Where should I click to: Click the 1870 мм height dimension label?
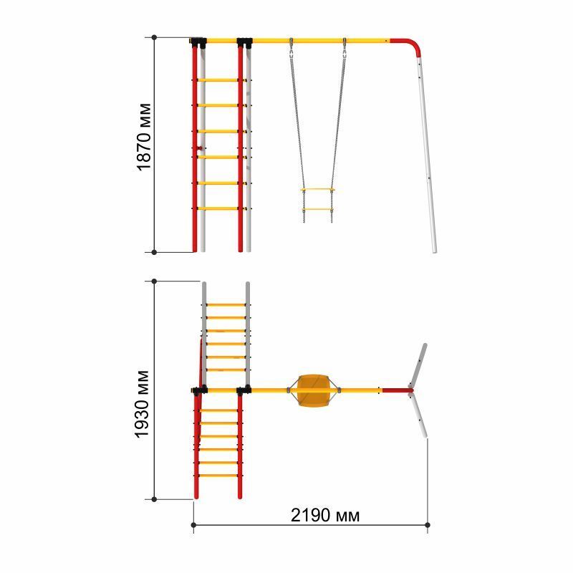[144, 137]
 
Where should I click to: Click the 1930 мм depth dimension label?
[142, 404]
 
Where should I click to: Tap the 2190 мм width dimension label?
[325, 515]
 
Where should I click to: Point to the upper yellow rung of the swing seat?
[317, 190]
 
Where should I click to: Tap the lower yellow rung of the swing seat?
[317, 210]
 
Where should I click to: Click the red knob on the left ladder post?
[199, 148]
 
